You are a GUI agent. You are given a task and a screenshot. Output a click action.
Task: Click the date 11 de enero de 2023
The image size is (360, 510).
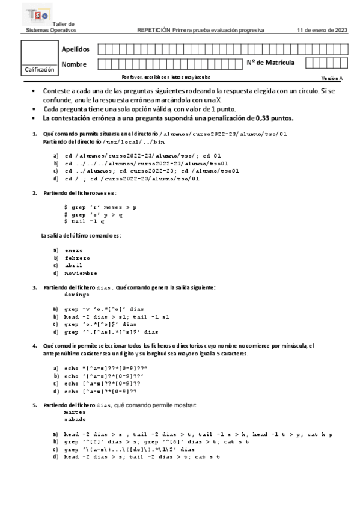pos(322,30)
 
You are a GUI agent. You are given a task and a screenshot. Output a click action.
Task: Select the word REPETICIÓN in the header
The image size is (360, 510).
pos(154,30)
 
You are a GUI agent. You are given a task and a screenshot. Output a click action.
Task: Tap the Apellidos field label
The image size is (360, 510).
pos(75,49)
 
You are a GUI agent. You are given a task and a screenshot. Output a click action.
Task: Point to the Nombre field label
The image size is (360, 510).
pos(74,64)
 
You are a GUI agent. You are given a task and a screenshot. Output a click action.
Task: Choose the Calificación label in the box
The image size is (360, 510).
pos(40,70)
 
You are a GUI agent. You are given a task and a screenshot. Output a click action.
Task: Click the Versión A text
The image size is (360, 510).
pos(331,78)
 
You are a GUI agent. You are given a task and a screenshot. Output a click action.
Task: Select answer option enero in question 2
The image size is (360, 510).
pos(74,250)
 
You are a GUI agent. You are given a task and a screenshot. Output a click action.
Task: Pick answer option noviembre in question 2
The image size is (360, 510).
pos(80,272)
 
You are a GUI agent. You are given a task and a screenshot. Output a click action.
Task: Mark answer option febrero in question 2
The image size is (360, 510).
pos(78,257)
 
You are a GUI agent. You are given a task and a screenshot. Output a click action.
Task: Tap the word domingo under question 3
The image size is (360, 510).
pos(76,295)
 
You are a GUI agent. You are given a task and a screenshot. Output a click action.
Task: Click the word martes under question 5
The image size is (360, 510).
pos(75,413)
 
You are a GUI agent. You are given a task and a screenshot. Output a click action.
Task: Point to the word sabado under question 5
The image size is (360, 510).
pos(75,420)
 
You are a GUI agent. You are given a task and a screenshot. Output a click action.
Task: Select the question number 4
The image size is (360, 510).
pos(35,346)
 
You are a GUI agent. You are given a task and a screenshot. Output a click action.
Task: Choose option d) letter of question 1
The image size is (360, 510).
pos(56,179)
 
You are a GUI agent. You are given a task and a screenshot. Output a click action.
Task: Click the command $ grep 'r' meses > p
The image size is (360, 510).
pos(100,207)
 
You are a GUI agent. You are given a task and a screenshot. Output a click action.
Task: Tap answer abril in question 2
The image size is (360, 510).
pos(74,265)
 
